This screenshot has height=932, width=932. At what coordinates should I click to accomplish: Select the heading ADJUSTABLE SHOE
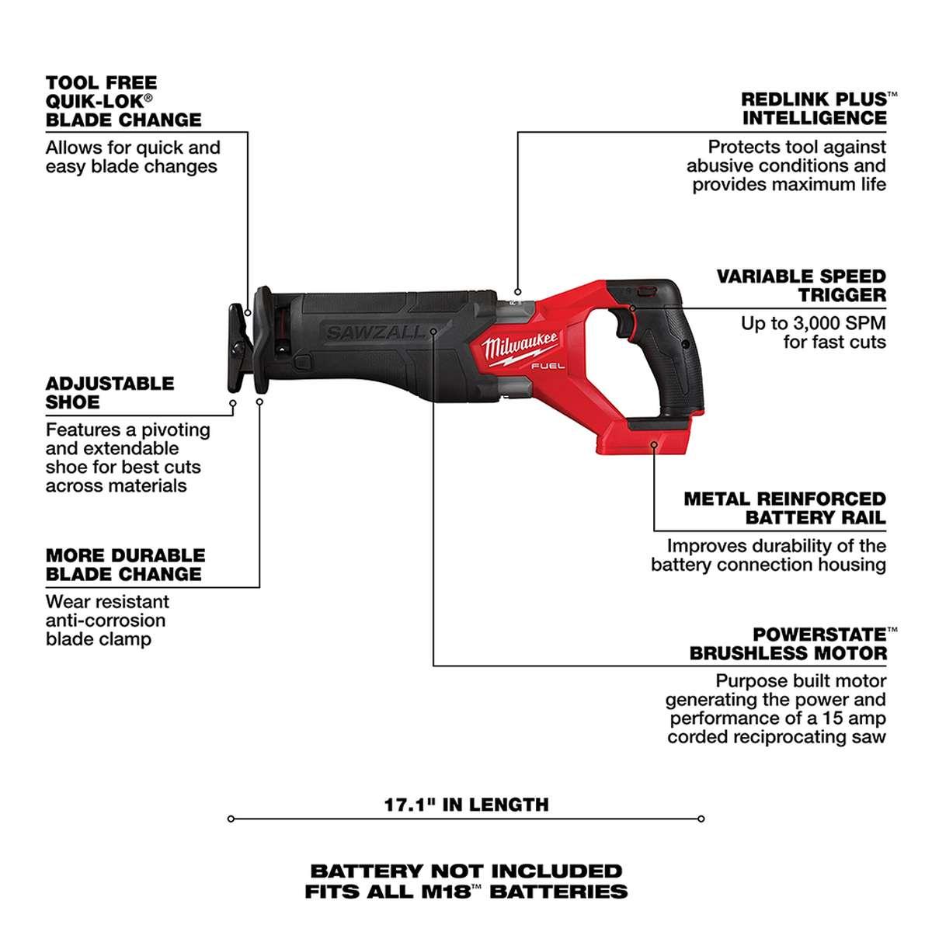coord(110,393)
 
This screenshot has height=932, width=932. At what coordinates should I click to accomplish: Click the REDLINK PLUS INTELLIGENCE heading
coord(813,109)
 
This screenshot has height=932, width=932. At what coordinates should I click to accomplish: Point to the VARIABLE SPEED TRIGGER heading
coord(801,285)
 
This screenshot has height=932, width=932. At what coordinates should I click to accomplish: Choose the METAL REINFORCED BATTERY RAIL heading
coord(784,508)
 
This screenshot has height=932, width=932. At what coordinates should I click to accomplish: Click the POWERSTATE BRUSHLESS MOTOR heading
coord(788,644)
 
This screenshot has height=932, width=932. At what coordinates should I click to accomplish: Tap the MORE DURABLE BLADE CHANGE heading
coord(125,565)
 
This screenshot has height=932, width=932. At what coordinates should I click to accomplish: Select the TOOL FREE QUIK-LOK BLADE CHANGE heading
coord(123,101)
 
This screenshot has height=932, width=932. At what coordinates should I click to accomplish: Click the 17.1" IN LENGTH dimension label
coord(466,805)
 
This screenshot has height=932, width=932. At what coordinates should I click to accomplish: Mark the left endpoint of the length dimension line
coord(231,819)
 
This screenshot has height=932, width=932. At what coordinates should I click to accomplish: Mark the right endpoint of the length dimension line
coord(701,819)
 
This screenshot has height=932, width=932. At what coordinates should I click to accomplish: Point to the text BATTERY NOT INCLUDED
coord(466,871)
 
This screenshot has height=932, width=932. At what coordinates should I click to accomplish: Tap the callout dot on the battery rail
coord(654,445)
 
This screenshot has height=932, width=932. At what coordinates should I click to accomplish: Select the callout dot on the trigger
coord(633,308)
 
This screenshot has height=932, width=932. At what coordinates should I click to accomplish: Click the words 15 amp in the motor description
coord(850,718)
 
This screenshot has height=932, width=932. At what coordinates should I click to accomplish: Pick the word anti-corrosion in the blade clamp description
coord(106,621)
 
